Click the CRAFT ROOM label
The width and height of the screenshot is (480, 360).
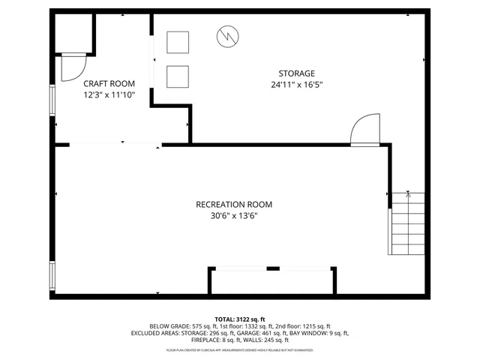pos(109,83)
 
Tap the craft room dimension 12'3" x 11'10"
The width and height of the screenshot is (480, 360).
pos(109,95)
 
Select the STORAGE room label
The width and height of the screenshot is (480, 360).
pos(296,73)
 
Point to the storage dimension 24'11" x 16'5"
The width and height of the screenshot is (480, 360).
pos(296,85)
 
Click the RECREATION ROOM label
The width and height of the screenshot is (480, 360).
pos(234,204)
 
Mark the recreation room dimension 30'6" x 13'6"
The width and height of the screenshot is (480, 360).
pos(234,216)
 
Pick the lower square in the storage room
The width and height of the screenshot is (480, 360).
pos(178,76)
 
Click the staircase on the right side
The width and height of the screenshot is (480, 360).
pos(406,223)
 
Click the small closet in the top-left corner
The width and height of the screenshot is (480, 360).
pos(73,33)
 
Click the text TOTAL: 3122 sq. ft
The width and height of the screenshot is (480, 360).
pos(240,319)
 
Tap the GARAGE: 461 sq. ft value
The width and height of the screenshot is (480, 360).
pos(256,333)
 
